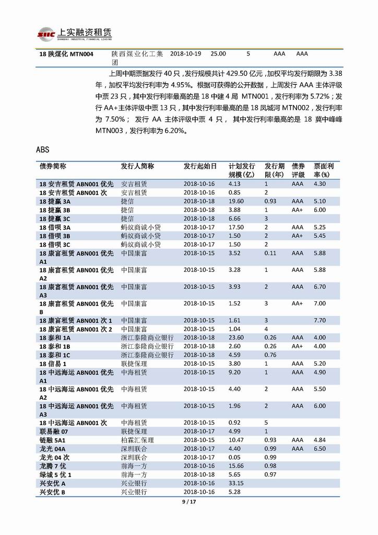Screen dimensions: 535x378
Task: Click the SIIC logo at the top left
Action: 46,35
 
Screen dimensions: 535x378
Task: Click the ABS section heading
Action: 43,150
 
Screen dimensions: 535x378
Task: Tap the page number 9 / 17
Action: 188,502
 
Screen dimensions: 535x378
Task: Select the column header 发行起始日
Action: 200,166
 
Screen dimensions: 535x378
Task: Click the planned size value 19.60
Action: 236,201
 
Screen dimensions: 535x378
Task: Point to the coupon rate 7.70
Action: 320,320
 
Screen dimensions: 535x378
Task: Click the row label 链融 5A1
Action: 53,440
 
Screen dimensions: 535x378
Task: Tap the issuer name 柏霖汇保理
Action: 137,440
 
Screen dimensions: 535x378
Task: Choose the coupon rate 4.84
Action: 320,440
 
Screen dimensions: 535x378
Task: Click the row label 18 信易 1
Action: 53,363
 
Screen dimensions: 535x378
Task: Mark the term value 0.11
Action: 270,253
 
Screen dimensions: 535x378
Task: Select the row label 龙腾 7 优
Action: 53,466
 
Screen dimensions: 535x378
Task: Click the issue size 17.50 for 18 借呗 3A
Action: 236,227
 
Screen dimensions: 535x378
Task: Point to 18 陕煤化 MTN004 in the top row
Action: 66,54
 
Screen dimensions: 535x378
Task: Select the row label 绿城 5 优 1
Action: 55,474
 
